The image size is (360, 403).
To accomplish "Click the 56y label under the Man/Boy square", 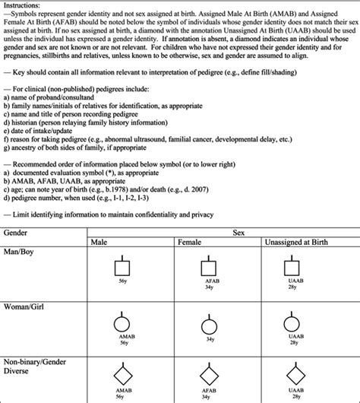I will [x=122, y=281].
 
